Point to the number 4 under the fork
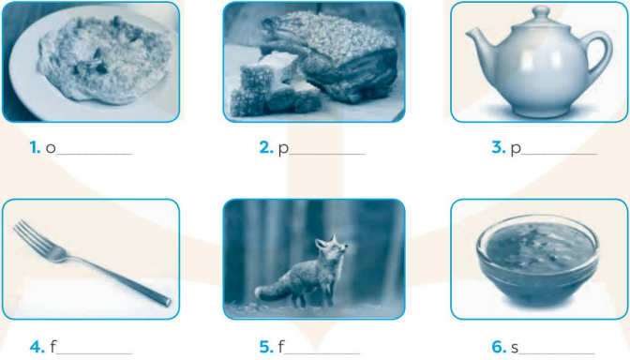click(x=37, y=347)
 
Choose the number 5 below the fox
click(x=266, y=347)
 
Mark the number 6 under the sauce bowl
click(x=498, y=347)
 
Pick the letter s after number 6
click(x=515, y=348)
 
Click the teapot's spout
click(x=479, y=42)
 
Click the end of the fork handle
click(x=165, y=300)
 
